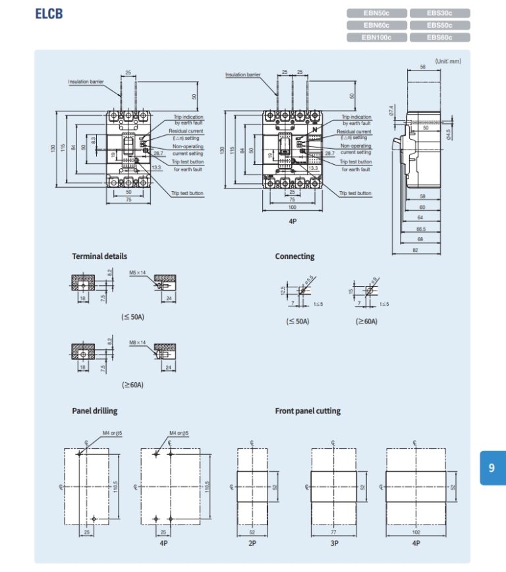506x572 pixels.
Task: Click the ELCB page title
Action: (49, 13)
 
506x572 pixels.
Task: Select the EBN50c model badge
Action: (376, 13)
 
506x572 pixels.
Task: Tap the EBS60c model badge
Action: (439, 38)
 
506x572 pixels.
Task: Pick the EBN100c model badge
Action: (376, 38)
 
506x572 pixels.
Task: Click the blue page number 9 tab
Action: (492, 467)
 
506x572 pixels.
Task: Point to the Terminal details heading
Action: (99, 256)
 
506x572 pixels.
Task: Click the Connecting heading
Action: (295, 256)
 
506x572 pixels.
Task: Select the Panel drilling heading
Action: (94, 411)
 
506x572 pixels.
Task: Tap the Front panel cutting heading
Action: (308, 411)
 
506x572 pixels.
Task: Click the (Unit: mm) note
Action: (448, 61)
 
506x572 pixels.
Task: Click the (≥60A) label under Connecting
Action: (366, 322)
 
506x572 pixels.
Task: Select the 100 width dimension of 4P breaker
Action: (292, 207)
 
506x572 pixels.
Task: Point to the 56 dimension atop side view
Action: (422, 67)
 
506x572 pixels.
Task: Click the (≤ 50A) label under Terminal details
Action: (132, 316)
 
